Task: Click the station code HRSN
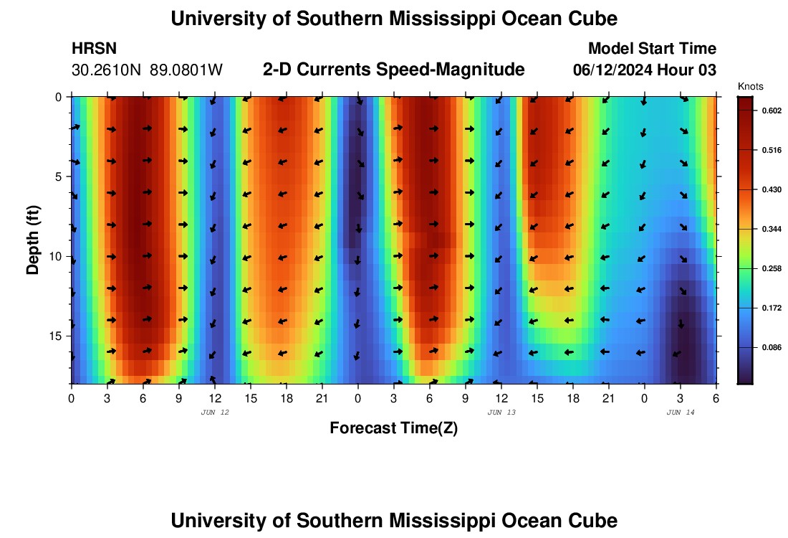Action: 94,49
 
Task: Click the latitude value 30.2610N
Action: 107,70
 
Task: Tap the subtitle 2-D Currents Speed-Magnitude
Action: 394,70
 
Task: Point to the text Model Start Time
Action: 651,49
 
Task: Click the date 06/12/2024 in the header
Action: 613,70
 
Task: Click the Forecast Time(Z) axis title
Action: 393,428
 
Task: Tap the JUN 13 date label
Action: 501,412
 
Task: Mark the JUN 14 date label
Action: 681,412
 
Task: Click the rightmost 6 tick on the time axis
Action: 716,398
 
